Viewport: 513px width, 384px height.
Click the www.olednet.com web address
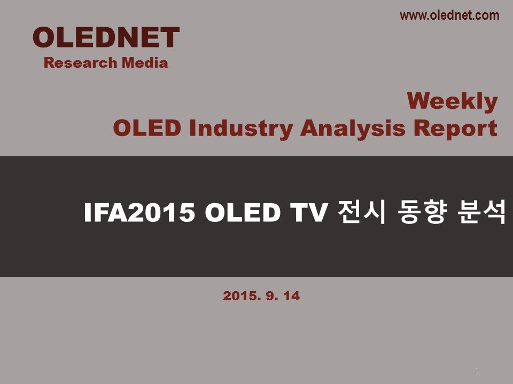point(449,15)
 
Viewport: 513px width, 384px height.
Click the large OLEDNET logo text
point(106,37)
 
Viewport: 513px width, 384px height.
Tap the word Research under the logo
point(81,63)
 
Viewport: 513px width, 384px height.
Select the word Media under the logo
point(145,63)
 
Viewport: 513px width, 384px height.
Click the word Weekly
point(453,101)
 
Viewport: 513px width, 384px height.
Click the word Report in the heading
point(455,129)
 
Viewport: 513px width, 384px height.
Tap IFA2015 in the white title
point(139,213)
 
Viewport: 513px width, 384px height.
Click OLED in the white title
point(243,213)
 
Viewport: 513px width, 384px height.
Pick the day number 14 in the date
point(291,296)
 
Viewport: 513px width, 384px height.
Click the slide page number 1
point(477,371)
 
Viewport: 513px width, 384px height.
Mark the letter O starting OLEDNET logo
point(44,37)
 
